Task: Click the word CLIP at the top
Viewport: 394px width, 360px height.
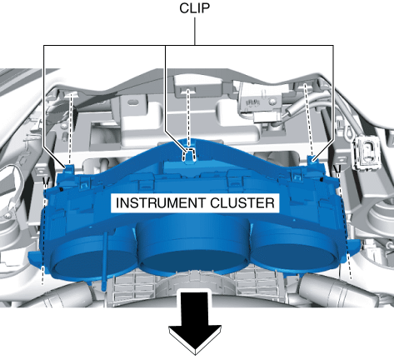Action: (x=194, y=8)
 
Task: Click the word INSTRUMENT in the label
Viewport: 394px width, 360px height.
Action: (x=161, y=203)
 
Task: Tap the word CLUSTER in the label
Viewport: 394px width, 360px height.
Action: (x=242, y=203)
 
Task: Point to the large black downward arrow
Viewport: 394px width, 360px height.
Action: (x=195, y=322)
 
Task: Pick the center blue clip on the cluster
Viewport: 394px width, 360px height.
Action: (x=189, y=155)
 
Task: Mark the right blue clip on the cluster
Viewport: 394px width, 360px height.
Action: (x=312, y=161)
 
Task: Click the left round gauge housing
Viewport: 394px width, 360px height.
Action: (x=92, y=256)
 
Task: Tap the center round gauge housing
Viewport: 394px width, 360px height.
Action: (x=193, y=244)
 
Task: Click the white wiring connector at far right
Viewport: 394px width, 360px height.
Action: (x=366, y=152)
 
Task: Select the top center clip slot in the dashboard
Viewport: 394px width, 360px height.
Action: (x=188, y=90)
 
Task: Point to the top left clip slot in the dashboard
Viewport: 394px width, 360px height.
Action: (x=71, y=95)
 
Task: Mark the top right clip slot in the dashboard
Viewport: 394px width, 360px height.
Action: (x=305, y=85)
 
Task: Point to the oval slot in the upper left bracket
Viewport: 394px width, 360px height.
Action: (x=133, y=101)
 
